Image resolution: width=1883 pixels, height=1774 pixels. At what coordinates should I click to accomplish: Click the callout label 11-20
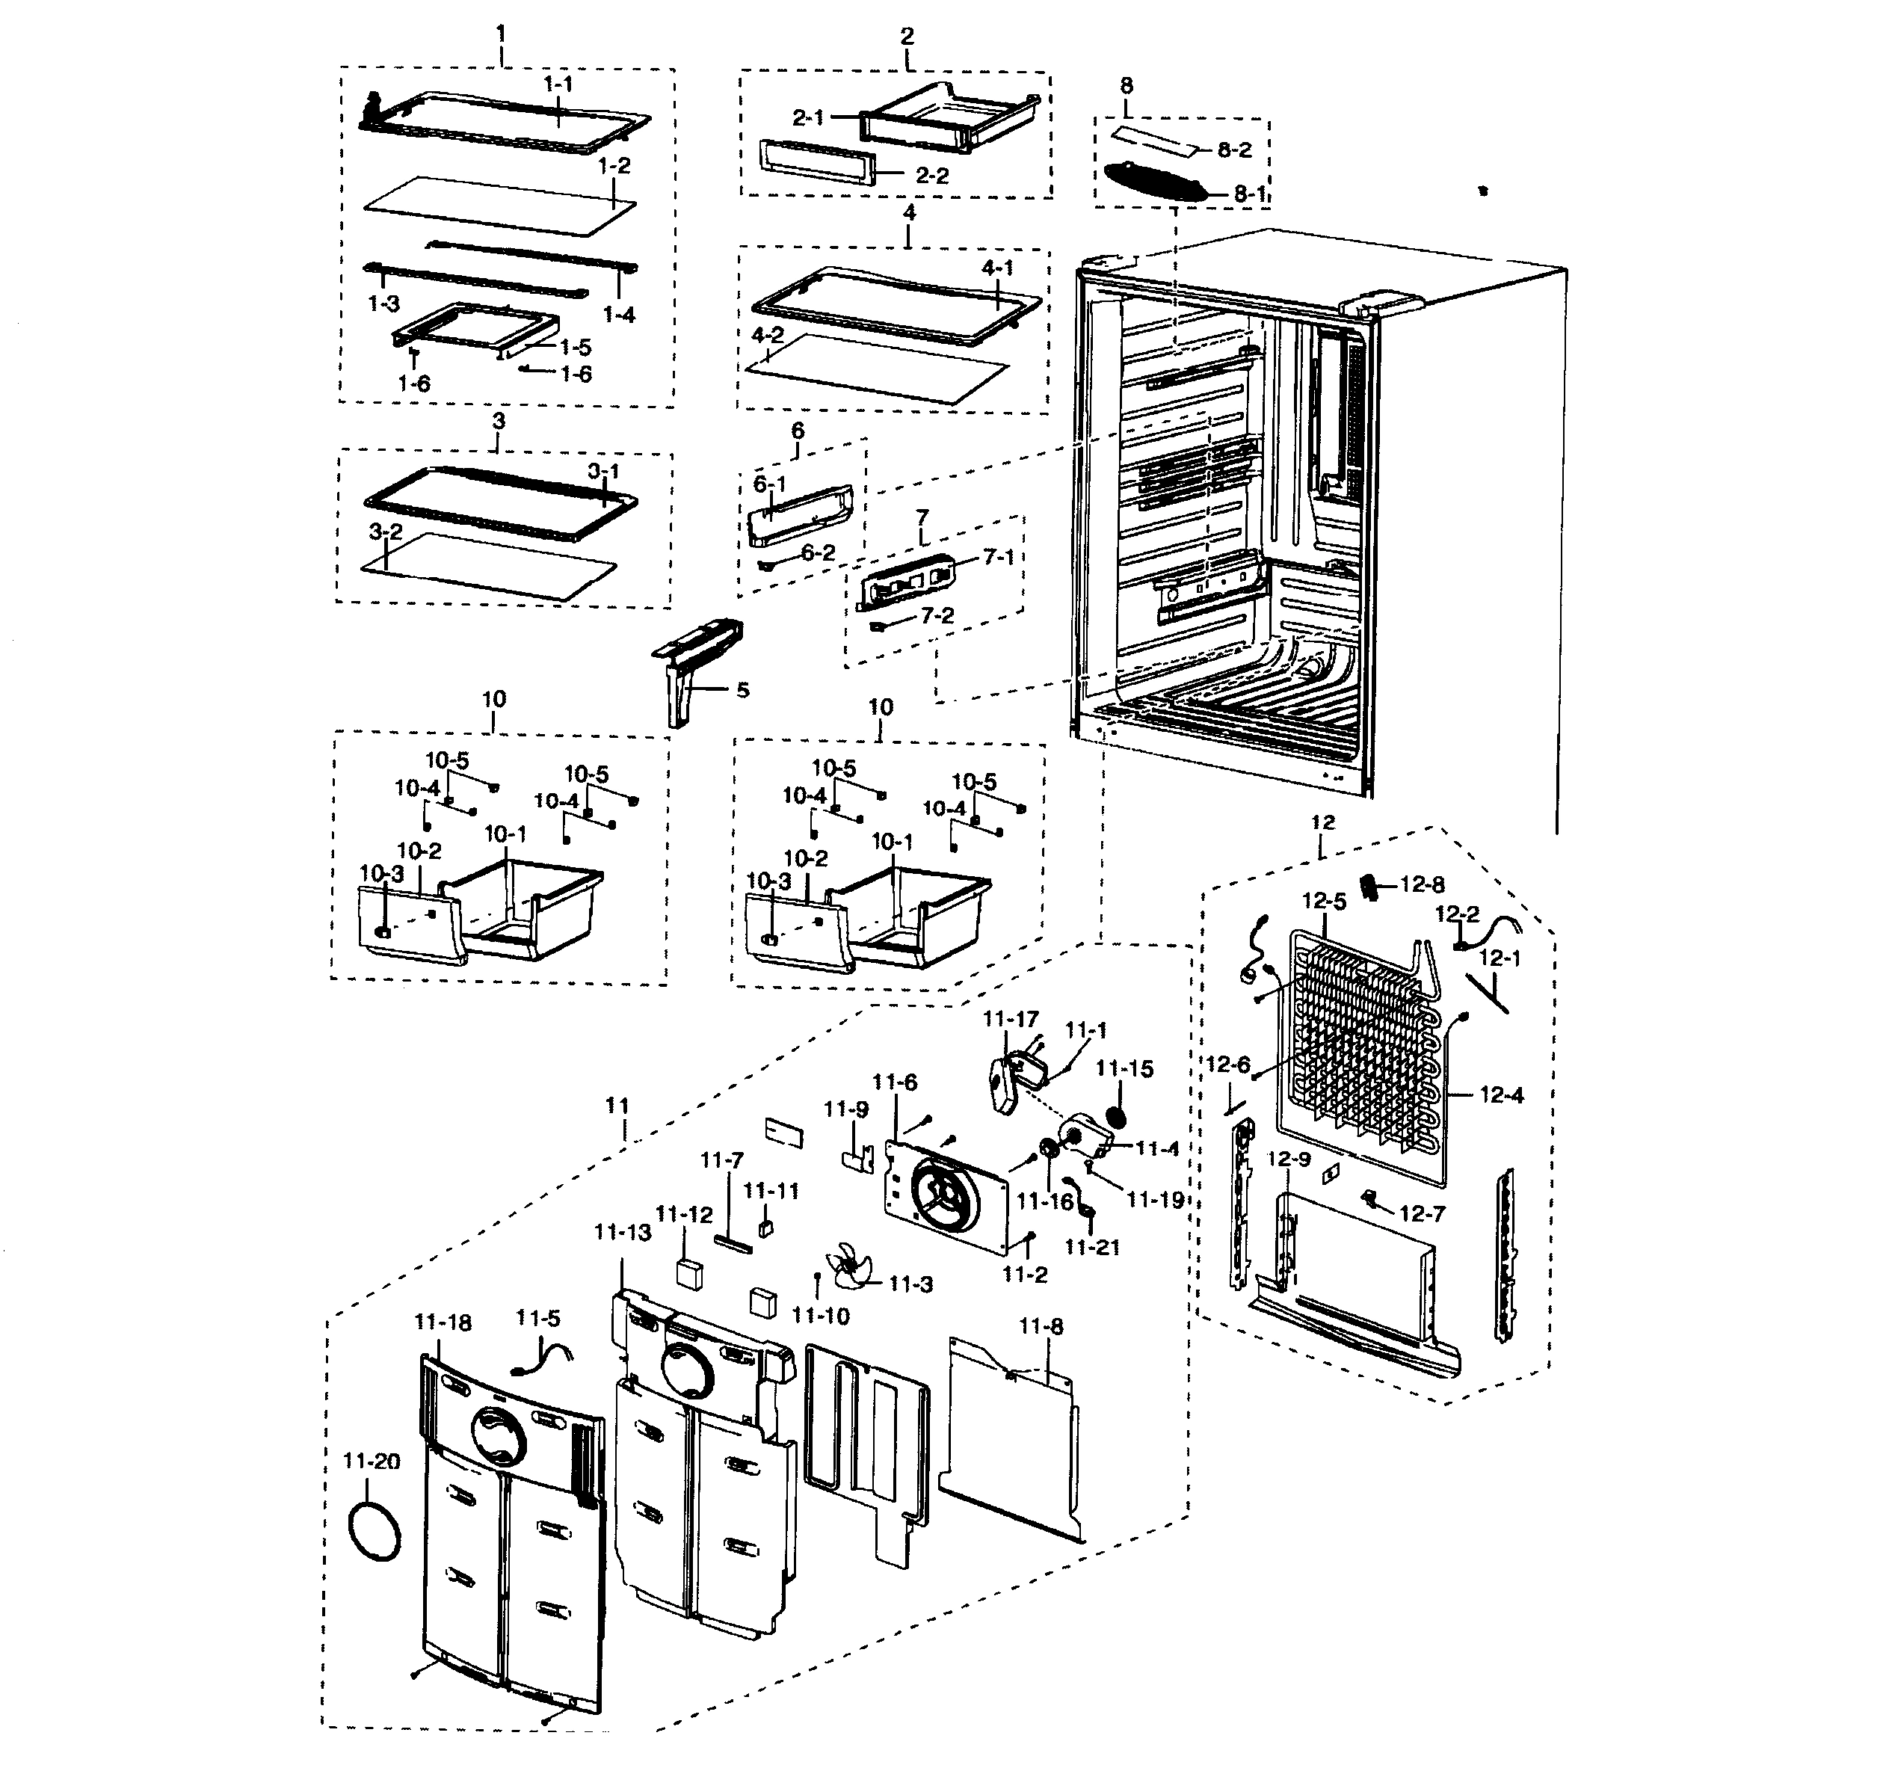pos(372,1462)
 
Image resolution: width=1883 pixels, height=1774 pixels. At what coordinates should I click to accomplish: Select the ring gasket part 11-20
pos(375,1533)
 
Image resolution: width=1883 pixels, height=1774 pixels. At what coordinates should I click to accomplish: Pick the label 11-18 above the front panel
pos(443,1322)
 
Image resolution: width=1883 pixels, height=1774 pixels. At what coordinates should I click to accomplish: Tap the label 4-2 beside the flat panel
pos(767,336)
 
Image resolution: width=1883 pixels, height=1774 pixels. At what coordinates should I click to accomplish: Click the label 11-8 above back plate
pos(1041,1327)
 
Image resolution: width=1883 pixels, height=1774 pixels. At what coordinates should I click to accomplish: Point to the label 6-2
pos(819,552)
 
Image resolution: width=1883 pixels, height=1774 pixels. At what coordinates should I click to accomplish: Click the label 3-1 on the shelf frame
pos(603,471)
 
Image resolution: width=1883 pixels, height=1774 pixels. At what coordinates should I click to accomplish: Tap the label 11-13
pos(622,1232)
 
